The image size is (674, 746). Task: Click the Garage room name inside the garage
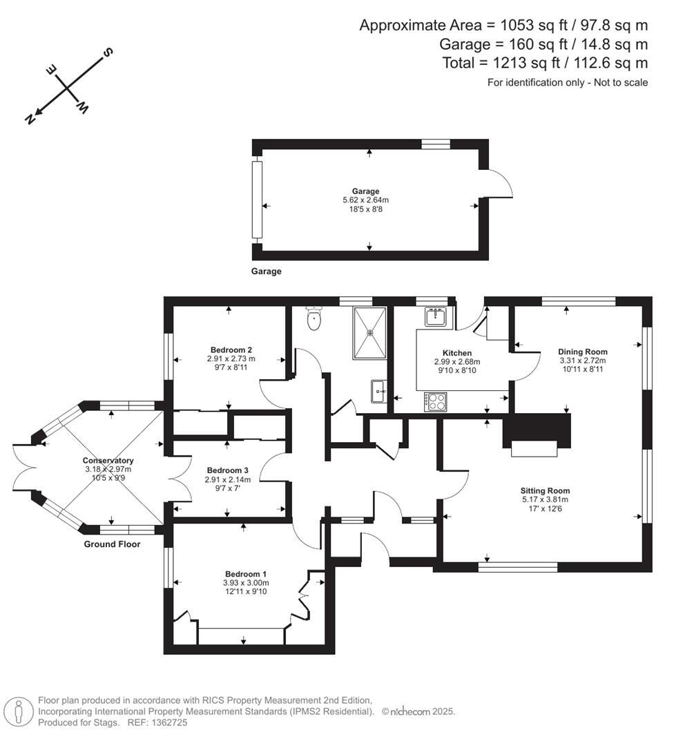366,191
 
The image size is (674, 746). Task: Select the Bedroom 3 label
227,470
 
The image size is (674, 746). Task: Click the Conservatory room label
108,461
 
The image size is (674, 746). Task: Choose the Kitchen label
456,353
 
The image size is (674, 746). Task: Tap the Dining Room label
582,352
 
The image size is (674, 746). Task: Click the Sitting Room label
545,491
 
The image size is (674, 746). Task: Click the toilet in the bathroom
314,318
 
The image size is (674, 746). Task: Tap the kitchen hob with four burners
435,401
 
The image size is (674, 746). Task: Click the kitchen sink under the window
436,317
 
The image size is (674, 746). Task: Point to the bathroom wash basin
378,390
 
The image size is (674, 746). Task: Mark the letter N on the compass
30,119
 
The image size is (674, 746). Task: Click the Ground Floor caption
112,544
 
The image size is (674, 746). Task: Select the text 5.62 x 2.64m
366,200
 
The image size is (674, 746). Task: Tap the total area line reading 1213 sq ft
545,63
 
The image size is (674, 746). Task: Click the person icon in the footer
19,711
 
